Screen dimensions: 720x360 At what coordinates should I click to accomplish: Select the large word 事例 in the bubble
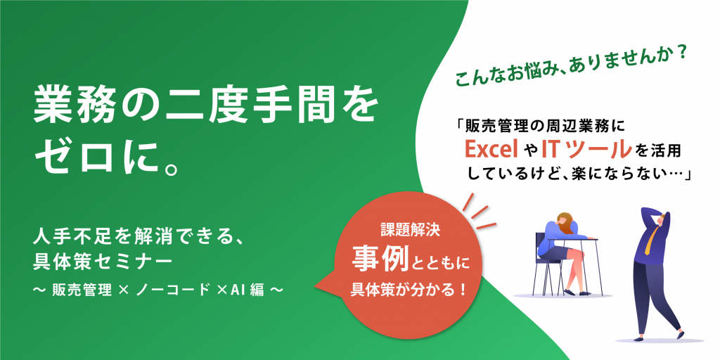pyautogui.click(x=380, y=262)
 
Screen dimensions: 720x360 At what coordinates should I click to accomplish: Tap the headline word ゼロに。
pyautogui.click(x=107, y=159)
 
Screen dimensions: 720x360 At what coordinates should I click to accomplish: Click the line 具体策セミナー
pyautogui.click(x=103, y=262)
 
